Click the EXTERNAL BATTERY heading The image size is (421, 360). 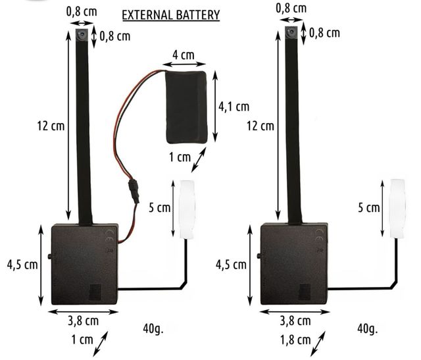click(x=171, y=15)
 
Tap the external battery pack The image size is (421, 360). click(x=186, y=107)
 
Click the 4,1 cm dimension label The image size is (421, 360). click(x=234, y=107)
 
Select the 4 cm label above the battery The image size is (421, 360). click(x=184, y=55)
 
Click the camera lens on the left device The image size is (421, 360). click(x=81, y=34)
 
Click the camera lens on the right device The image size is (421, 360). click(x=291, y=32)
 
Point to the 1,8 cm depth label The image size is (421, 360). click(x=295, y=340)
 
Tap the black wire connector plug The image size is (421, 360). click(x=134, y=191)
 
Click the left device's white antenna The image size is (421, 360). click(x=187, y=209)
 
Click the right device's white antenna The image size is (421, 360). click(x=397, y=208)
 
